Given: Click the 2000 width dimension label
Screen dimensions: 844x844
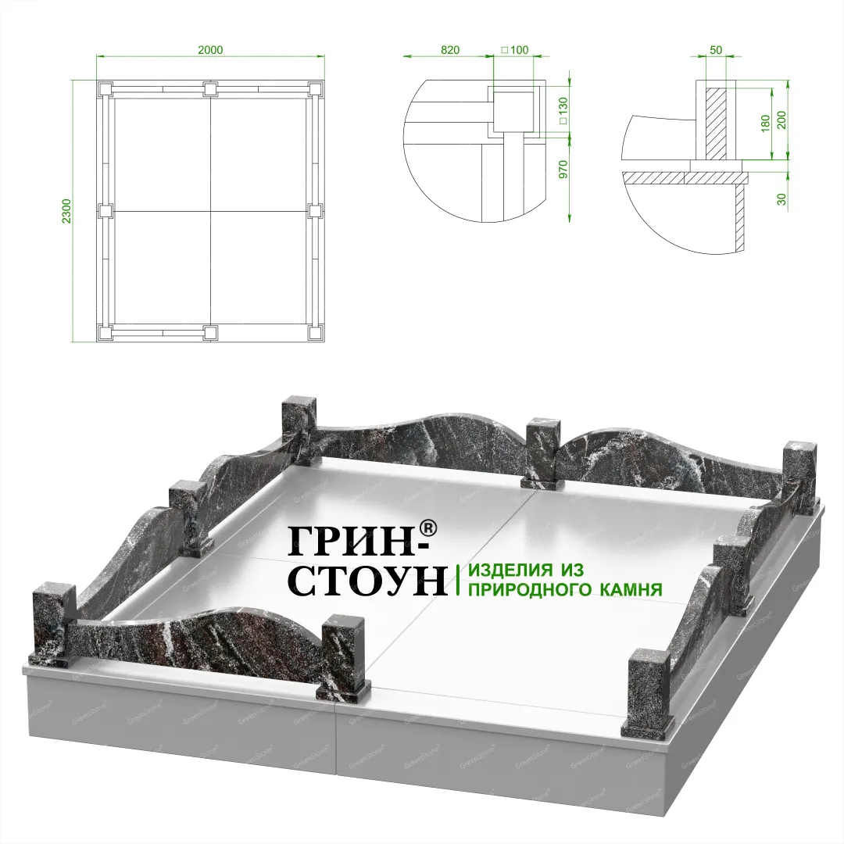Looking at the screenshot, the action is click(210, 50).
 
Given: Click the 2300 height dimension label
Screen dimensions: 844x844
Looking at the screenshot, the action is click(66, 212).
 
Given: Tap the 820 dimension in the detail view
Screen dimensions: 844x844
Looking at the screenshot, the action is click(450, 50).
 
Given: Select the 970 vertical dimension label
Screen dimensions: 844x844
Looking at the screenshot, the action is click(563, 170).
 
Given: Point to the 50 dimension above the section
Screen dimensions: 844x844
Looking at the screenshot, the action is click(716, 50).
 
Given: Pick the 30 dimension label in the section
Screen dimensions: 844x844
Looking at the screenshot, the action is click(782, 199).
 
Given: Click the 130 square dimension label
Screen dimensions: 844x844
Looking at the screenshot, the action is click(563, 111).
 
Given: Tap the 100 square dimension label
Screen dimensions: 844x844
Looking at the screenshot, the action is click(515, 50).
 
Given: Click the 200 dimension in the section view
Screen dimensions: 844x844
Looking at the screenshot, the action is click(782, 120).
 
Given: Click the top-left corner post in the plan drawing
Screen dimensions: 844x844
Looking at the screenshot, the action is click(105, 89).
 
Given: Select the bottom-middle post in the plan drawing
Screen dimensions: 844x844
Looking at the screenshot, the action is click(210, 333).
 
